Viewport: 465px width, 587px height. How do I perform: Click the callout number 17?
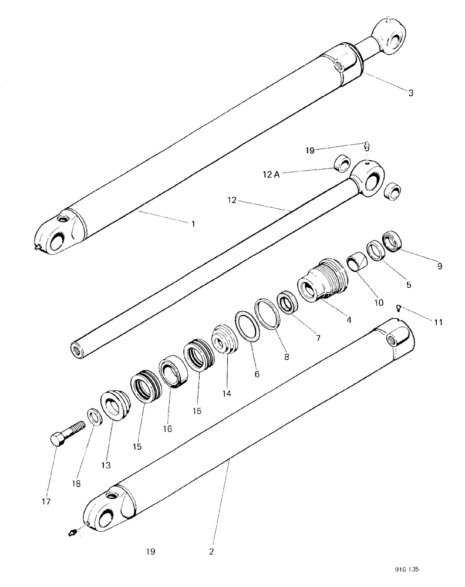pos(46,501)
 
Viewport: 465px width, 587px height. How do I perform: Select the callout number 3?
pos(411,92)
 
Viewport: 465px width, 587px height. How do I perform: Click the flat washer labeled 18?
pos(93,416)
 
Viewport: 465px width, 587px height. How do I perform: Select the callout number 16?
pos(167,429)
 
